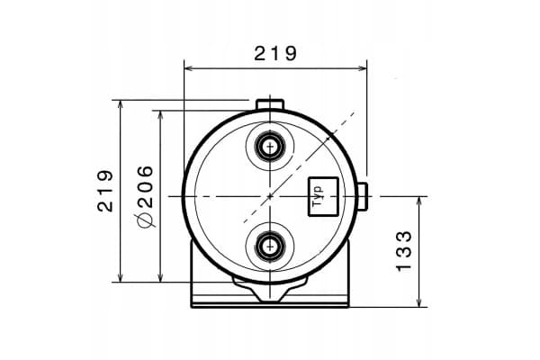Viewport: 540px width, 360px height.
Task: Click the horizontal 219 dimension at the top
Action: click(x=275, y=53)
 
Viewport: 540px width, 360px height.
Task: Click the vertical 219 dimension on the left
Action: click(x=105, y=191)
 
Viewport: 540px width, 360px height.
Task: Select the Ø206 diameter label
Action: click(x=145, y=196)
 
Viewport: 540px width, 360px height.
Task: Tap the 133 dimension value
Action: click(x=403, y=251)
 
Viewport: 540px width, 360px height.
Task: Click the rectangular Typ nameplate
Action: click(x=323, y=196)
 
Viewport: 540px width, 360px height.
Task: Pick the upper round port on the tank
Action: click(x=270, y=147)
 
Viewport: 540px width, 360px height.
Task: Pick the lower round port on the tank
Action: click(x=270, y=247)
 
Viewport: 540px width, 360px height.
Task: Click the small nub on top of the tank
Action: click(x=270, y=104)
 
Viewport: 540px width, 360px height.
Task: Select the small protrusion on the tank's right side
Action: click(x=363, y=196)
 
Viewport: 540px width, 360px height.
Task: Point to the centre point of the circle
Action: click(x=270, y=196)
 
